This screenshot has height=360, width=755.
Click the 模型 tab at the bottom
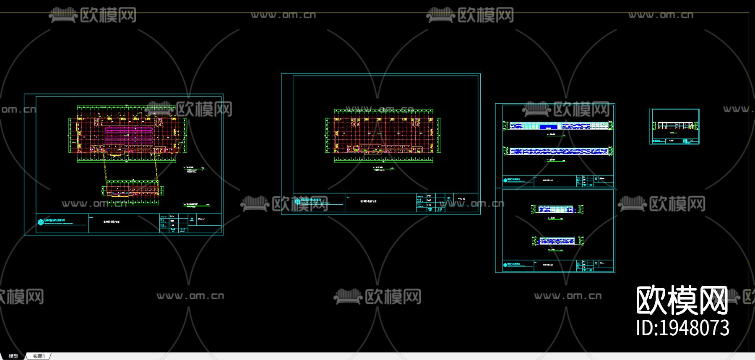(x=13, y=356)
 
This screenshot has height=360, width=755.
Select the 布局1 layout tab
(x=39, y=356)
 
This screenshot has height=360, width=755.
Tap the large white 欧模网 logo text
(x=682, y=300)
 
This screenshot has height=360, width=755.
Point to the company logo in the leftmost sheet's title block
(x=41, y=222)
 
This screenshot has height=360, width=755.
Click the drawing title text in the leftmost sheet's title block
(x=112, y=222)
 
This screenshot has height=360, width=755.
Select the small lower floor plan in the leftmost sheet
(x=132, y=191)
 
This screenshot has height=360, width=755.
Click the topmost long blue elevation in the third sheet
(x=558, y=126)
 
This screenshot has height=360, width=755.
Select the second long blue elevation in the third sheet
(x=558, y=151)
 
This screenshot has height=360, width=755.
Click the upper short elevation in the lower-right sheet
(x=557, y=209)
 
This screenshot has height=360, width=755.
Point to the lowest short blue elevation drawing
(x=557, y=241)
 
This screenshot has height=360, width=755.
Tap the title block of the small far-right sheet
(x=674, y=141)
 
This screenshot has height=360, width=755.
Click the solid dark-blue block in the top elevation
(x=548, y=126)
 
